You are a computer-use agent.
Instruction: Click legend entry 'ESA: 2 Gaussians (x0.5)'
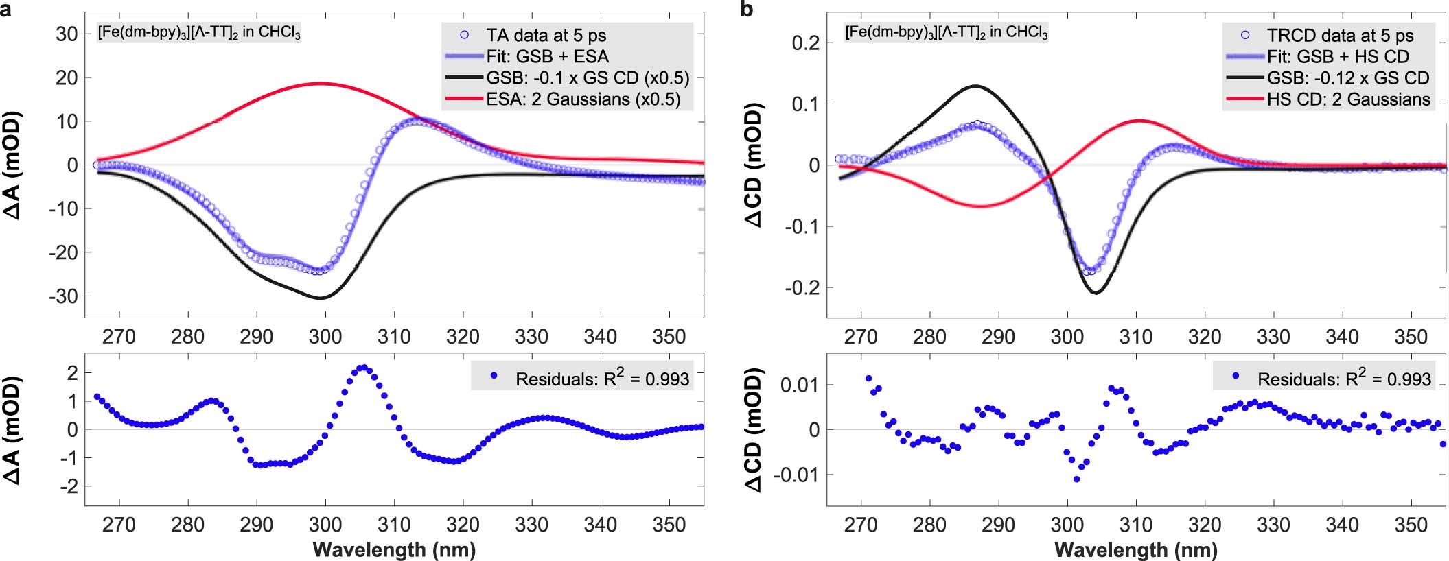583,99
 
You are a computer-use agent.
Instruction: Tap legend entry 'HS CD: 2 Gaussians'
1348,99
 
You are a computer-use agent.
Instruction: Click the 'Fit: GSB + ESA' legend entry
548,56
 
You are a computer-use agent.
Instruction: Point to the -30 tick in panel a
66,296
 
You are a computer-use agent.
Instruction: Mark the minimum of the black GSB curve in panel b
1096,293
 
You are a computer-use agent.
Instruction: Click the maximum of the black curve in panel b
975,86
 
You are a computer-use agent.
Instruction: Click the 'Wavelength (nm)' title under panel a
394,549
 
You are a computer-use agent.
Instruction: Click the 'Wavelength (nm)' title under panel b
1135,549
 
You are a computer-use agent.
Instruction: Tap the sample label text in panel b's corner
946,32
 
